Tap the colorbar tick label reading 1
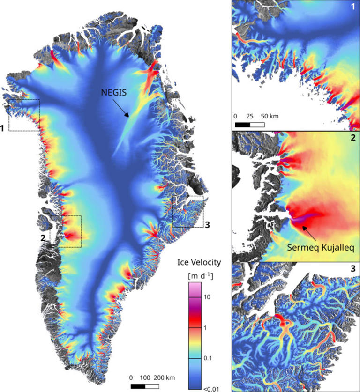click(x=205, y=328)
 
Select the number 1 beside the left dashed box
click(x=3, y=127)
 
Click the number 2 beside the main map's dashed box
click(x=43, y=238)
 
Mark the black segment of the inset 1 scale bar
click(x=242, y=125)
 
